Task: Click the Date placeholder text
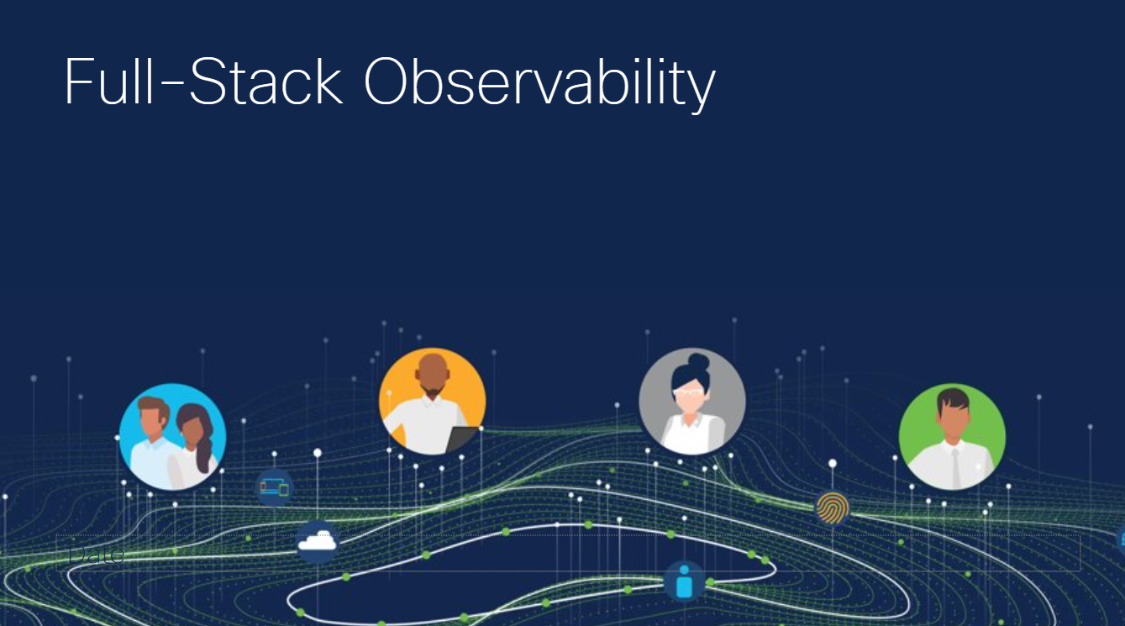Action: coord(96,555)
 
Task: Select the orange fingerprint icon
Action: coord(832,508)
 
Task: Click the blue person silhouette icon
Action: coord(684,581)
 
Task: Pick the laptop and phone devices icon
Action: coord(274,487)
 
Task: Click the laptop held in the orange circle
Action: coord(462,439)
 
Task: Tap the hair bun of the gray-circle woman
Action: coord(697,363)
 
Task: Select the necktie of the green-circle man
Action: coord(955,467)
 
